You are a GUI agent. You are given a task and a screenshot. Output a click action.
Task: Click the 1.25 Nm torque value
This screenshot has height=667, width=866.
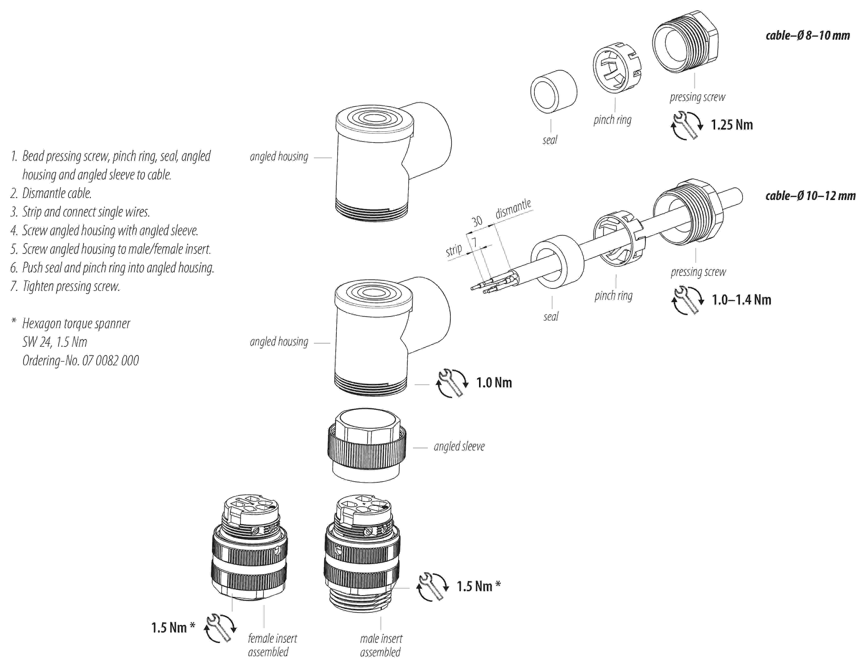732,125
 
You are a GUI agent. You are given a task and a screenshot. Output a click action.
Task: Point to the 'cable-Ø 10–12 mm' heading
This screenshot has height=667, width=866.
810,196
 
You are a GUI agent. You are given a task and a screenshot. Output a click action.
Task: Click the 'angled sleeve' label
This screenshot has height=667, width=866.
459,446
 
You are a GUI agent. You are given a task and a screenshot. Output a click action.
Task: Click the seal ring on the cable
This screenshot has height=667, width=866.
557,262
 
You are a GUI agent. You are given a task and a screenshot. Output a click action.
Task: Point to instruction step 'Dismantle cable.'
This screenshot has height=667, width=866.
57,193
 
